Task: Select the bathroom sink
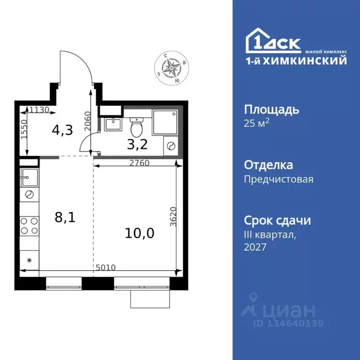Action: pos(112,124)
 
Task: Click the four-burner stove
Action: pos(29,227)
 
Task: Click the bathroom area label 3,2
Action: pos(137,144)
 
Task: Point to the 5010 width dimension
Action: pos(105,268)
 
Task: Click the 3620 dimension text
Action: pos(174,217)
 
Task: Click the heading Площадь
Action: pos(271,110)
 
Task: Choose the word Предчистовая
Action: pos(278,179)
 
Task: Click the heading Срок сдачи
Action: pos(277,220)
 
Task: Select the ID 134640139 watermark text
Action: pos(288,323)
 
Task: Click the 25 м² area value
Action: pos(257,124)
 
